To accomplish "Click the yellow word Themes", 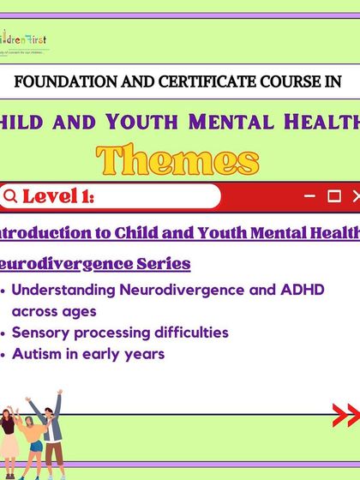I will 177,160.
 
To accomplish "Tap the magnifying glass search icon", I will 10,197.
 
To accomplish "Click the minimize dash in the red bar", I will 310,196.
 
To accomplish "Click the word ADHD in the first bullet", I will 303,290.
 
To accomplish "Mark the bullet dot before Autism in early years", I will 6,354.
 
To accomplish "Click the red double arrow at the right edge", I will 346,416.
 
